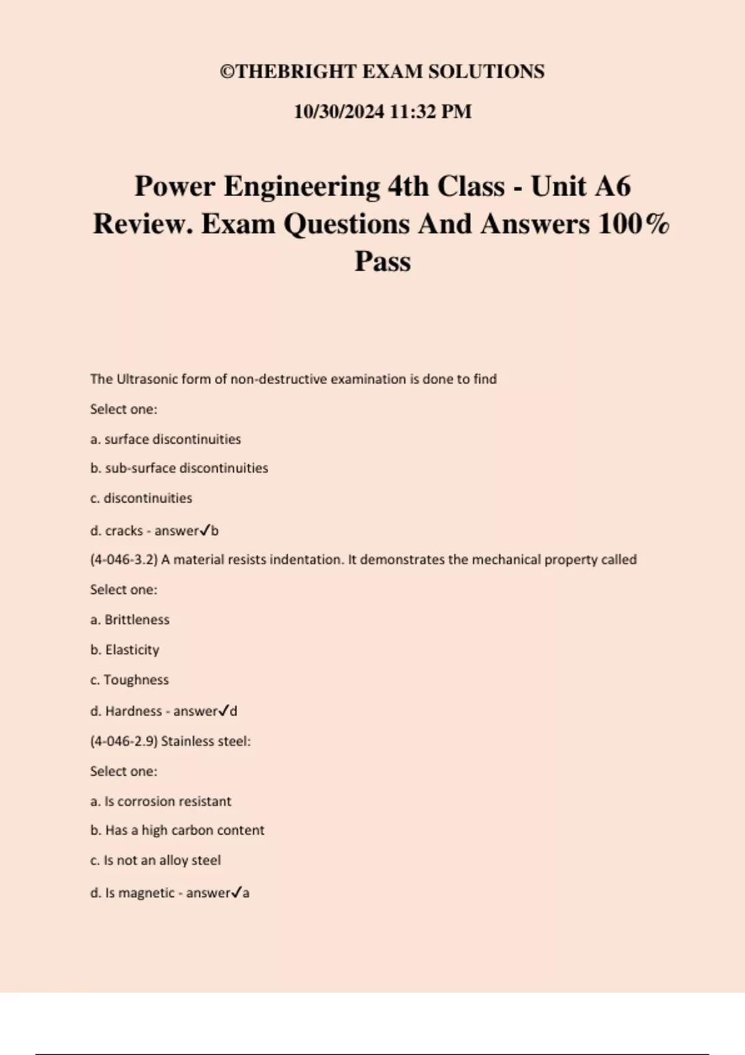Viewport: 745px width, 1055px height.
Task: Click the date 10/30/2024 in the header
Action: pos(339,112)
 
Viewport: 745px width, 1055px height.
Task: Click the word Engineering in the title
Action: pos(302,186)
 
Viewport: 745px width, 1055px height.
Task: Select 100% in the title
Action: pos(634,224)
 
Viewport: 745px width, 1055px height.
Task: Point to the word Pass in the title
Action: pos(382,261)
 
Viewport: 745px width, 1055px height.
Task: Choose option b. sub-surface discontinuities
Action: pos(179,469)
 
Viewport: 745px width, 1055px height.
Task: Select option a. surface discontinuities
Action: pos(165,439)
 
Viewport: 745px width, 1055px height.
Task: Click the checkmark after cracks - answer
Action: pos(205,531)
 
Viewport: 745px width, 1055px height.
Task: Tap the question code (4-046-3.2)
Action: pos(124,560)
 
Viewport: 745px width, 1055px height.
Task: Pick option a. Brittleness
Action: pos(130,620)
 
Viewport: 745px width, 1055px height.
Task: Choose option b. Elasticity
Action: pos(125,650)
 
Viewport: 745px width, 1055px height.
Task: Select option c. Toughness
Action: pos(129,680)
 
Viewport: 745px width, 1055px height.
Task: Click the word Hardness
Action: pos(133,711)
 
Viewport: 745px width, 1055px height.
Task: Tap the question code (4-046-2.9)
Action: pos(124,741)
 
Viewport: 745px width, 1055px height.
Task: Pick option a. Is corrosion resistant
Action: pos(160,802)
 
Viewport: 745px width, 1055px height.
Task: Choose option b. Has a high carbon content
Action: pos(177,830)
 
